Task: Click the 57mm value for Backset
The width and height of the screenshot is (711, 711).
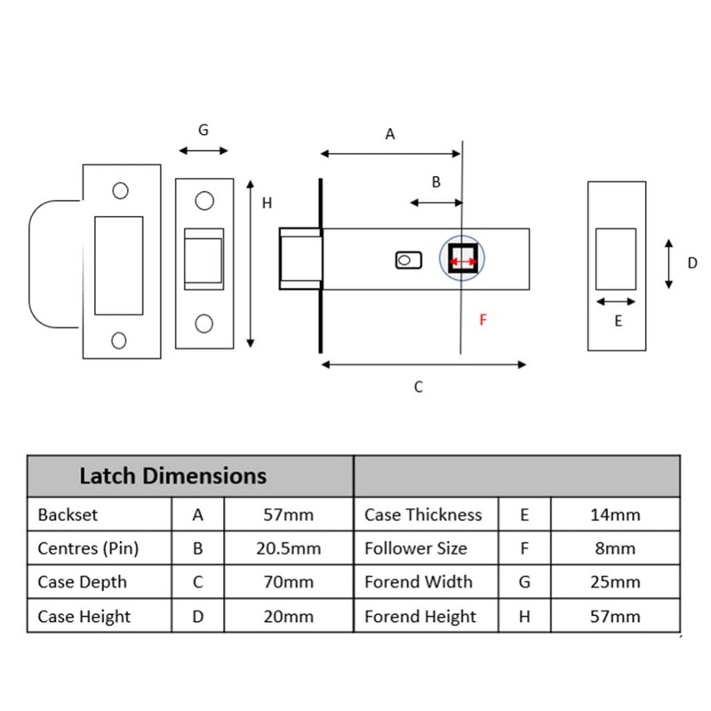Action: (288, 515)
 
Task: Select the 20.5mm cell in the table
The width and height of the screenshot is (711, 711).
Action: (288, 548)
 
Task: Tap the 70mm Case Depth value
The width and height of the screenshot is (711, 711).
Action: (288, 583)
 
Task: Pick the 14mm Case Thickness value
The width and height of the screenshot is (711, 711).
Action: (615, 515)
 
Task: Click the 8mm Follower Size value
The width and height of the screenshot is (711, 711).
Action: (615, 548)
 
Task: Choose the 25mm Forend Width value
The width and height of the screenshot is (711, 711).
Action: (615, 583)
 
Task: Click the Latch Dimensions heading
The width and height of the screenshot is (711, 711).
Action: (172, 475)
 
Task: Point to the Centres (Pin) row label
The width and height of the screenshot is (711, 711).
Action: (89, 548)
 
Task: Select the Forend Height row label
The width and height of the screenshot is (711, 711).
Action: (420, 617)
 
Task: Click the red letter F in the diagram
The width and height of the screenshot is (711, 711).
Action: (483, 319)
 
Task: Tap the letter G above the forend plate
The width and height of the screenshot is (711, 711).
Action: (204, 130)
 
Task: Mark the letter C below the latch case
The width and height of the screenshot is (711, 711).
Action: (419, 387)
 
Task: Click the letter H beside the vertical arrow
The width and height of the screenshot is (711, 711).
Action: (267, 204)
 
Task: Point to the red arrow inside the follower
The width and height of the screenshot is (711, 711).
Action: (462, 261)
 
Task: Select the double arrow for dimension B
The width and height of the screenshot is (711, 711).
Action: (435, 203)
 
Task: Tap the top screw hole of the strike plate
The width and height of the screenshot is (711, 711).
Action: (121, 190)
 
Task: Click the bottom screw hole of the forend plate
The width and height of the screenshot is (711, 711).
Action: (204, 323)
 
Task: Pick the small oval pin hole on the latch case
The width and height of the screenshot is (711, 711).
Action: (406, 260)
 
